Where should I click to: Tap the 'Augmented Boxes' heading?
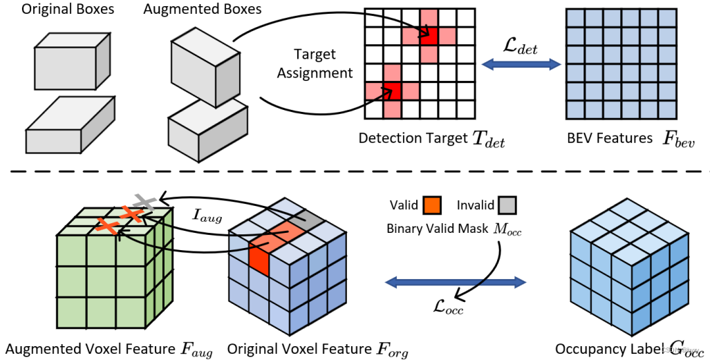coord(202,10)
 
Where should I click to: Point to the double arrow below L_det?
coord(521,64)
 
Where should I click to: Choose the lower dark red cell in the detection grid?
coord(392,90)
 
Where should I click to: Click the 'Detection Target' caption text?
coord(413,138)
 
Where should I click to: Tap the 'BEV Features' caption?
coord(608,138)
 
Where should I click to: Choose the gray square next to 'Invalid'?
coord(508,205)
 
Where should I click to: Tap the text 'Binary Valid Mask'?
coord(430,228)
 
